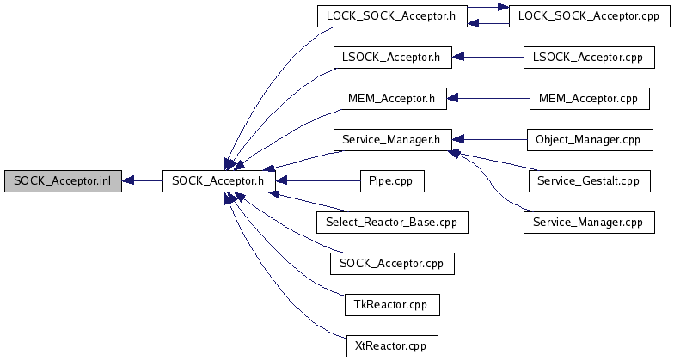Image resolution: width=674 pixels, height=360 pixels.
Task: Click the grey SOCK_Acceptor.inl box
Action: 62,181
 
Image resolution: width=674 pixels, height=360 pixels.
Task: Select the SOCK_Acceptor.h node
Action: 218,181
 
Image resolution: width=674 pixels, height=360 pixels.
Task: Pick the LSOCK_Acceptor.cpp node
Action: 588,58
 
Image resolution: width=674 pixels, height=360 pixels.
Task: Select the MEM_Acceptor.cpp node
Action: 588,99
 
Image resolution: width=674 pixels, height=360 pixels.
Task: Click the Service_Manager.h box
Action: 391,140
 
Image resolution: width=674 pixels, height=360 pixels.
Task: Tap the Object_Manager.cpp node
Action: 588,140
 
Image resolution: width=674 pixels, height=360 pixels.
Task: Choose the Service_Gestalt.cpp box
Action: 588,181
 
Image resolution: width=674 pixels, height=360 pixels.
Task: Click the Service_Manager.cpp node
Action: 588,223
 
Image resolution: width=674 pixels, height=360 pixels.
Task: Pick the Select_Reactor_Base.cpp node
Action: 391,223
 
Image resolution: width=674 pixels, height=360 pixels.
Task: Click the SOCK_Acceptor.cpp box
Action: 391,264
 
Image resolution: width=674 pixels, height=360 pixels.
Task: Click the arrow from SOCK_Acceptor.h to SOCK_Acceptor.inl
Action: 142,181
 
